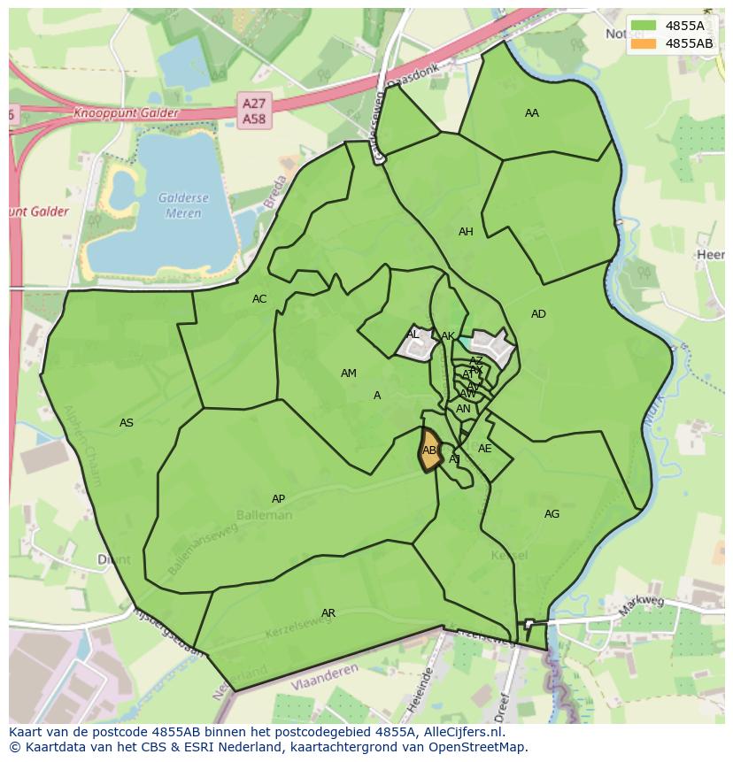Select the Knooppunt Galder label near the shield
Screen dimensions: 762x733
(126, 113)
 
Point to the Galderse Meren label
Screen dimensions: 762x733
(181, 205)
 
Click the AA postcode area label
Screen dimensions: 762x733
(531, 113)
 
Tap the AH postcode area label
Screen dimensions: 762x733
(466, 232)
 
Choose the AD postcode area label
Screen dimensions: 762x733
(538, 314)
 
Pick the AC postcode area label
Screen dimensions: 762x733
(259, 299)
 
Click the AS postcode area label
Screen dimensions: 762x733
(127, 423)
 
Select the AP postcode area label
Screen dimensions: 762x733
(278, 499)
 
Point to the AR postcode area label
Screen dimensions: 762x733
(328, 613)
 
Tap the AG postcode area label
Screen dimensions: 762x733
(552, 514)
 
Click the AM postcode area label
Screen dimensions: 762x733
(349, 373)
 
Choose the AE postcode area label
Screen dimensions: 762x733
(484, 449)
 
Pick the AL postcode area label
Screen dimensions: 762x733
(413, 335)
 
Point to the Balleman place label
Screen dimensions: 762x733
(264, 514)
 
